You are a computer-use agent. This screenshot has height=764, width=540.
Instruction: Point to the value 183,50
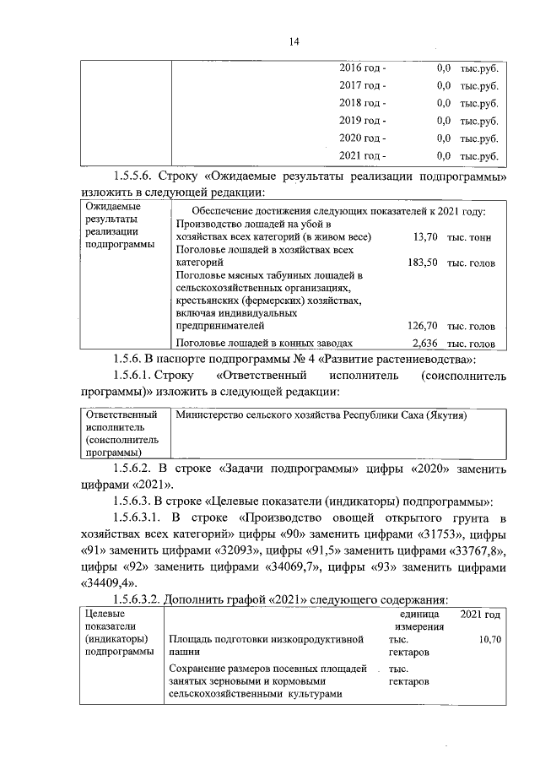click(422, 263)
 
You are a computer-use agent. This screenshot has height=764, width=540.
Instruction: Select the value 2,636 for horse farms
click(423, 343)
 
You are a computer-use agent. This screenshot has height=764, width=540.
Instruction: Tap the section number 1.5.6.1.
click(139, 375)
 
